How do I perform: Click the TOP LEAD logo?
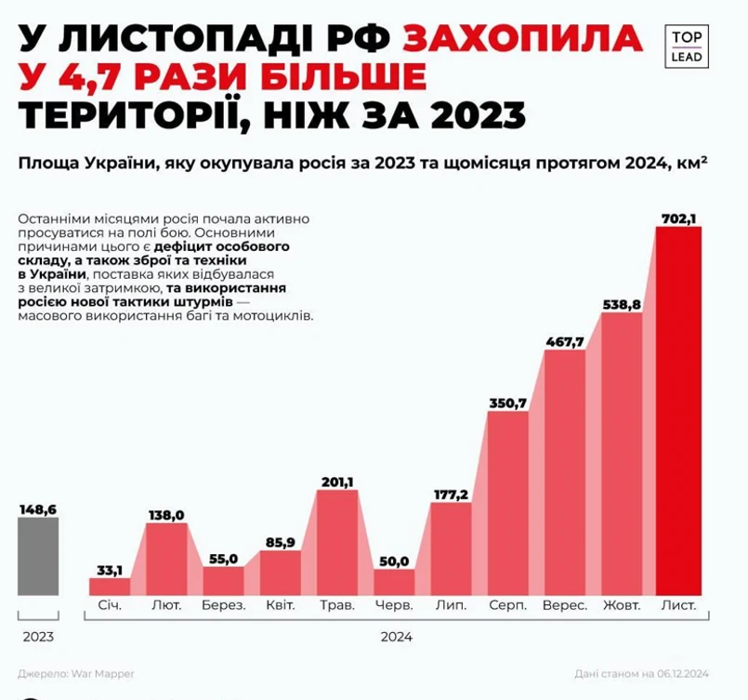click(687, 46)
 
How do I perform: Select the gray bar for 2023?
click(37, 556)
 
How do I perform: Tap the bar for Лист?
click(678, 409)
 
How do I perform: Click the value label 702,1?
click(678, 218)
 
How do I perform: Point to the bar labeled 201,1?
click(337, 541)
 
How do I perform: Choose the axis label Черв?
click(394, 605)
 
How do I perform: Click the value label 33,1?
click(110, 570)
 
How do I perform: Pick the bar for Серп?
click(507, 502)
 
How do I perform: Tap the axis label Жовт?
click(622, 605)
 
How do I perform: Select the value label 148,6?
click(37, 508)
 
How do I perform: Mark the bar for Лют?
click(166, 558)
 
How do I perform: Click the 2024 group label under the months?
click(397, 638)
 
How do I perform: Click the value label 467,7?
click(564, 341)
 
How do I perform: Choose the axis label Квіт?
click(280, 605)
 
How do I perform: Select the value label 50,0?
click(394, 561)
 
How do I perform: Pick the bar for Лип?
click(451, 548)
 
